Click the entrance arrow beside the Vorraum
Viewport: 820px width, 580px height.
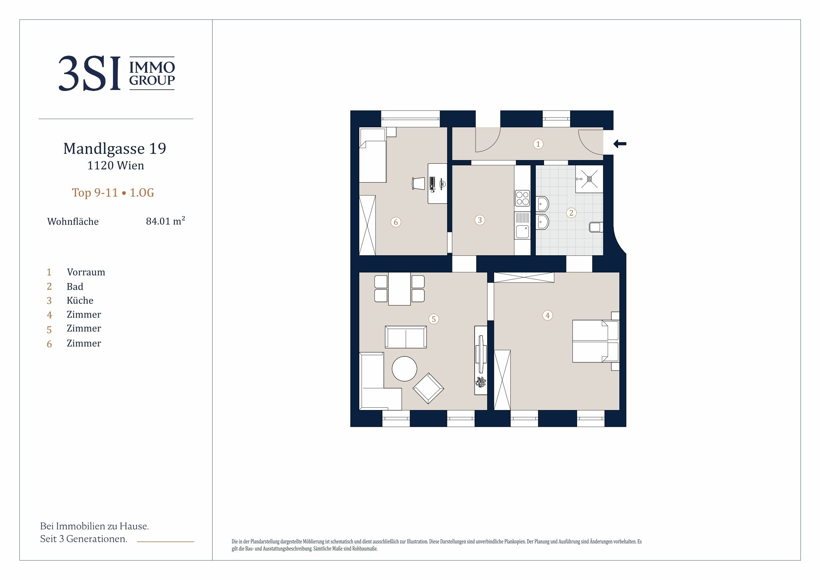[620, 144]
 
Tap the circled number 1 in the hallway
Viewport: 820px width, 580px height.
[538, 144]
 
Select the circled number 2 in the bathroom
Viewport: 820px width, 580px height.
[571, 213]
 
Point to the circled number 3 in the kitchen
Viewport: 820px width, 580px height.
[480, 220]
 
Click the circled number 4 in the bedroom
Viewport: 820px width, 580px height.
[548, 315]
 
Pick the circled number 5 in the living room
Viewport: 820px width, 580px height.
[434, 319]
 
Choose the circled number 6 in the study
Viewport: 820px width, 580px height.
[396, 222]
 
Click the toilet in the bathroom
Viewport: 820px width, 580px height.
[596, 227]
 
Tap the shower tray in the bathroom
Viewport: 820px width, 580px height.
[589, 179]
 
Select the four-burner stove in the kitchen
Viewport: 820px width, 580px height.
[523, 198]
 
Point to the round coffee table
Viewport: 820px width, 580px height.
[404, 369]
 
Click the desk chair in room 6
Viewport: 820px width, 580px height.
[418, 183]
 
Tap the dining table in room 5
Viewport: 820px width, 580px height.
[399, 289]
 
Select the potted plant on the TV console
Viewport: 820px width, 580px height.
[481, 382]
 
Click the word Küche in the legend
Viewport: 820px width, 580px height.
[80, 301]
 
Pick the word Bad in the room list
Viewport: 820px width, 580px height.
[75, 287]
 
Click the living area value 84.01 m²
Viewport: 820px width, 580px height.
[165, 221]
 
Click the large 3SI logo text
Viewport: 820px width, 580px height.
[89, 74]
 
